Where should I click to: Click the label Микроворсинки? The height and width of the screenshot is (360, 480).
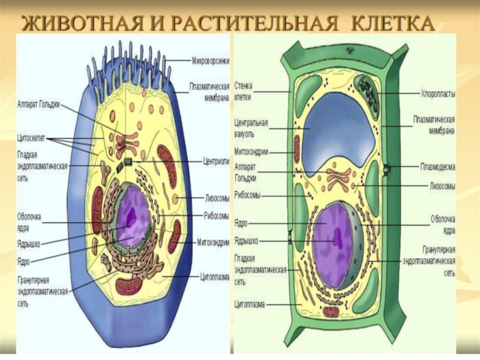pos(209,61)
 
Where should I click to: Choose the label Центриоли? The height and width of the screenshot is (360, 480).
pos(214,161)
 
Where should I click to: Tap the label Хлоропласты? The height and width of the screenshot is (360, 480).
pos(437,94)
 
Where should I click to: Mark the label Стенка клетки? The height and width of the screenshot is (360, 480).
pos(246,91)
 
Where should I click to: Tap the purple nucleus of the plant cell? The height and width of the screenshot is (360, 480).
pos(333,234)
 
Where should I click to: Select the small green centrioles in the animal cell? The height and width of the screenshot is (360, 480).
pos(127,162)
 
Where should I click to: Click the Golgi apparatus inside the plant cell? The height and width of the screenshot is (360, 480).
pos(339,176)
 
